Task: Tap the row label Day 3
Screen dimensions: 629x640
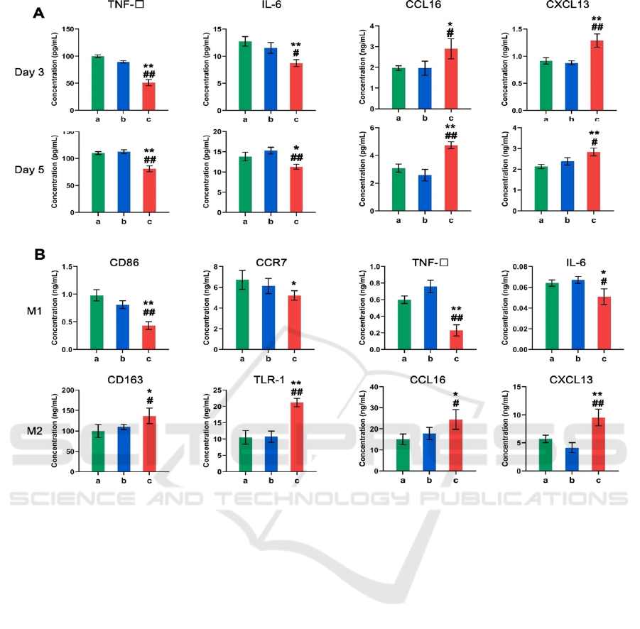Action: [x=30, y=72]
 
